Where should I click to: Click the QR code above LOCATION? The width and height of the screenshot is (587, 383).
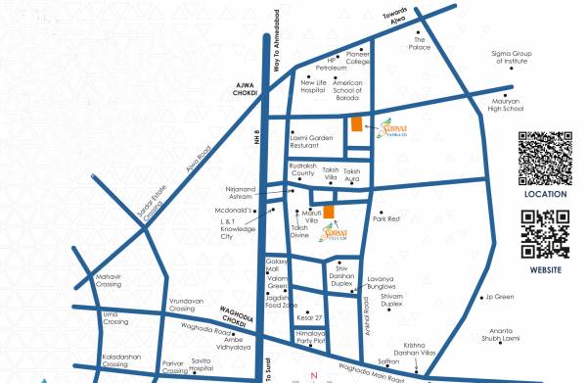pos(544,158)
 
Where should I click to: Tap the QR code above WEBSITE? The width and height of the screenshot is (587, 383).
pos(545,234)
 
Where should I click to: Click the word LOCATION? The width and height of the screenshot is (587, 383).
pos(545,194)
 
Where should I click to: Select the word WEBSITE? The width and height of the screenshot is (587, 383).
pos(545,268)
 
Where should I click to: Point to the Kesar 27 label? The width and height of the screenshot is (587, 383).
pos(310,318)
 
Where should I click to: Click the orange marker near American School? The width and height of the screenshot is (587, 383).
pos(356,123)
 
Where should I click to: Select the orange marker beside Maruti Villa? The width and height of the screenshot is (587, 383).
pos(330,213)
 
